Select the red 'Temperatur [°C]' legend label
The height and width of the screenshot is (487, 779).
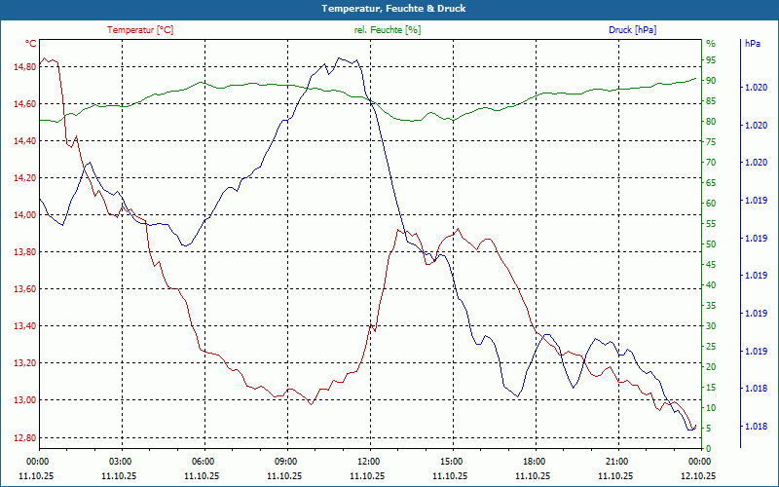[140, 30]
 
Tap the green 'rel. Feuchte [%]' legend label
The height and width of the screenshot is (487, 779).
[388, 30]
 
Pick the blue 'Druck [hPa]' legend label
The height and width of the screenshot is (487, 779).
[632, 30]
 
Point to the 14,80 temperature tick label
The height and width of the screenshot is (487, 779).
[24, 67]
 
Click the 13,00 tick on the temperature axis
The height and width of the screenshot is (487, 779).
[24, 400]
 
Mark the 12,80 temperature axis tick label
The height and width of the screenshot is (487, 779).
[24, 437]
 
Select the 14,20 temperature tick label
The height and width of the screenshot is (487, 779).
[24, 178]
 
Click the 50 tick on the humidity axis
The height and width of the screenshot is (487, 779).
[711, 244]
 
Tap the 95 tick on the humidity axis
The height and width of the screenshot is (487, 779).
[711, 60]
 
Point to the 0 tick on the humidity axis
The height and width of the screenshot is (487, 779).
[709, 448]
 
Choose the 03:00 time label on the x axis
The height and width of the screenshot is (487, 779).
[121, 462]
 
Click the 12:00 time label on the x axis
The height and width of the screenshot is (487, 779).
[369, 462]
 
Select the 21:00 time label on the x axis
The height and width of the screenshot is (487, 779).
[616, 462]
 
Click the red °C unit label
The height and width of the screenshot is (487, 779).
[31, 44]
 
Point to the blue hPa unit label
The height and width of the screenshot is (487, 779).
[753, 44]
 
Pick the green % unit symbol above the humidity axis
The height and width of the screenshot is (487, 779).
[711, 44]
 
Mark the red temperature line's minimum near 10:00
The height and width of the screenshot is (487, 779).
[311, 403]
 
